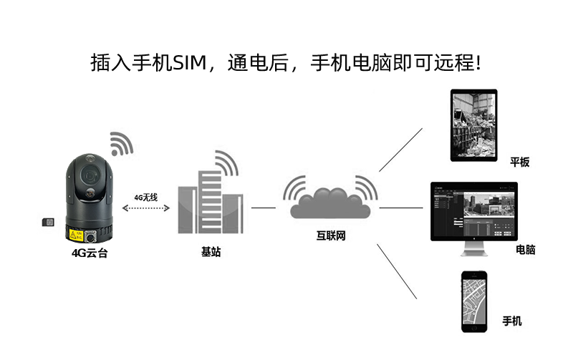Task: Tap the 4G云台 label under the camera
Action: click(x=90, y=253)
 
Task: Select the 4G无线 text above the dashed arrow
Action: click(x=145, y=197)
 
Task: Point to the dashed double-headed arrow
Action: click(x=146, y=208)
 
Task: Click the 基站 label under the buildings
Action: click(x=211, y=252)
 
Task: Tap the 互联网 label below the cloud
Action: click(x=331, y=235)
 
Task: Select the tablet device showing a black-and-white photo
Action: click(x=473, y=125)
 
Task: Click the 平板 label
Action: click(x=519, y=162)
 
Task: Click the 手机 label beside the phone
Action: click(x=512, y=321)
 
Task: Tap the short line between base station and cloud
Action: click(x=263, y=208)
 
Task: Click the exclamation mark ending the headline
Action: click(x=478, y=63)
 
